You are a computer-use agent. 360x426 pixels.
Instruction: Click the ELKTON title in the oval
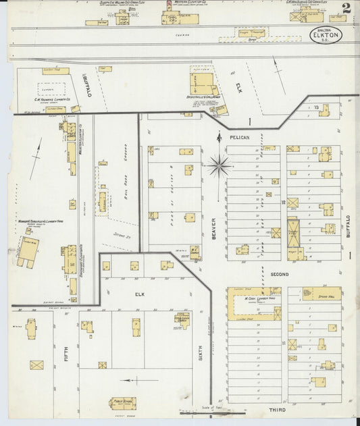(327, 36)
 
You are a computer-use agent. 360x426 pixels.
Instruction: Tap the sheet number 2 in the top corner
(346, 9)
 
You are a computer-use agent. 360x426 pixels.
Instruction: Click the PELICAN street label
(239, 137)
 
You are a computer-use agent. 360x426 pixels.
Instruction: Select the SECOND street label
(279, 274)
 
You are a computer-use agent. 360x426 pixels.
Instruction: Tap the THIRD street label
(278, 410)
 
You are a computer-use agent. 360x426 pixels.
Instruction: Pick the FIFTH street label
(66, 353)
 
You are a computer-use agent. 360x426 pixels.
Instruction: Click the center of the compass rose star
(219, 163)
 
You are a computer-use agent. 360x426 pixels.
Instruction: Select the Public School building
(122, 403)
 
